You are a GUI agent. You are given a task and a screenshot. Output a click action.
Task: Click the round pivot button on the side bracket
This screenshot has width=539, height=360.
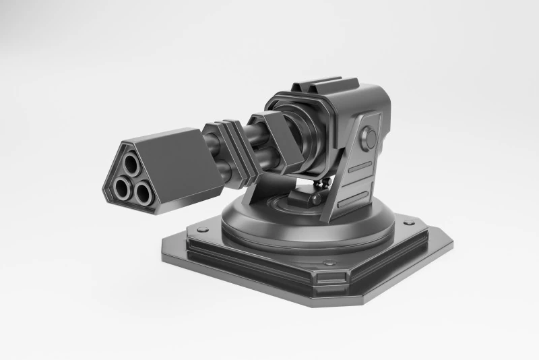[369, 138]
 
